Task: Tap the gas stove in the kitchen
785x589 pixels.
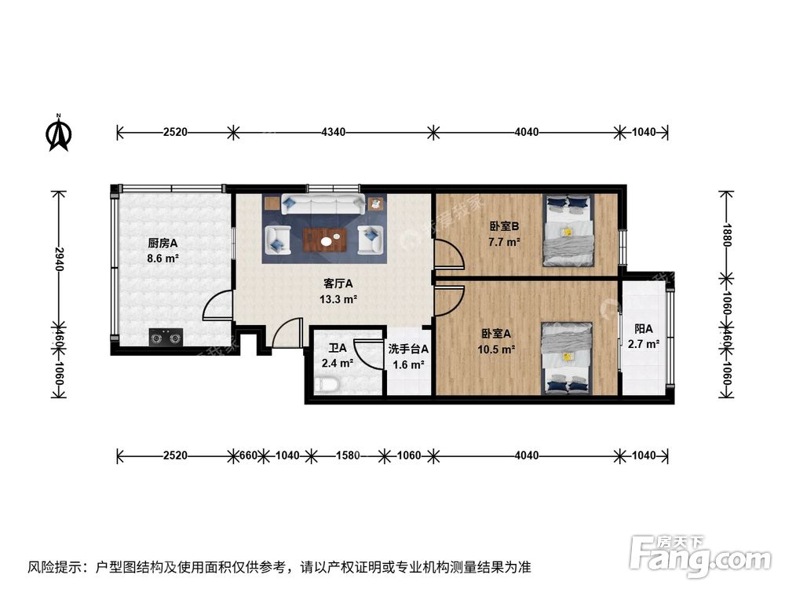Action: pos(166,338)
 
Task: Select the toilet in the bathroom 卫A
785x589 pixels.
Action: pos(327,385)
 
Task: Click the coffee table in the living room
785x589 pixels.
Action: pos(325,239)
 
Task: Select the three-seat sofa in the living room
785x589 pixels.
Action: pos(323,205)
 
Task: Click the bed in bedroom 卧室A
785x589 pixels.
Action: pos(568,357)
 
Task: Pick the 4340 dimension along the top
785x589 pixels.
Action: pos(332,132)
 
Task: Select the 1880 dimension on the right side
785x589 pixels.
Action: pos(728,232)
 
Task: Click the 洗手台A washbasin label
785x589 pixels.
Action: pos(408,349)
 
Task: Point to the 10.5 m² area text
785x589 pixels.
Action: pos(498,349)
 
